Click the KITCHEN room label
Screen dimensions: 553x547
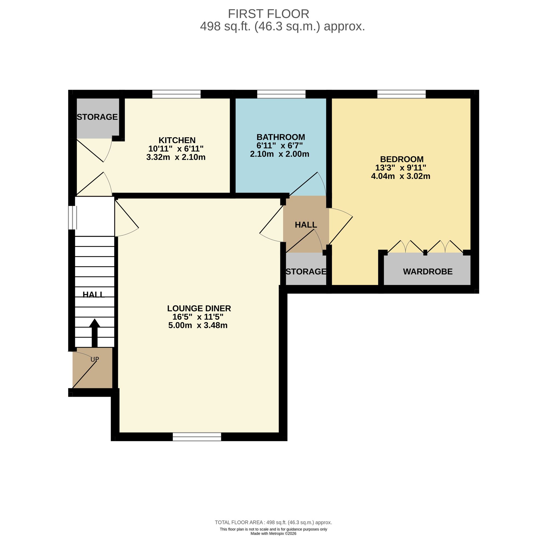177,140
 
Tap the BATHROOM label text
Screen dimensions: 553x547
280,137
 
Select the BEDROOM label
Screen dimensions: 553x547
401,159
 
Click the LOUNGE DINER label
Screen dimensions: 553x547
199,308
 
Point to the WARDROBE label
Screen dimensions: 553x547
427,272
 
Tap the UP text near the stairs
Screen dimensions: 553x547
94,359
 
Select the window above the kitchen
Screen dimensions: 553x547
176,94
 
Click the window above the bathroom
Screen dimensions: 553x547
281,94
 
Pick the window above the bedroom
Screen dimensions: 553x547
401,94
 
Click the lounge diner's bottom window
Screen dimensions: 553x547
197,436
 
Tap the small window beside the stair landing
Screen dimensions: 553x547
72,217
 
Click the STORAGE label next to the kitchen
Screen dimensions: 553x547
97,117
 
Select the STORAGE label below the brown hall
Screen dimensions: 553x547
306,272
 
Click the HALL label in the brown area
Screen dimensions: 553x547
306,225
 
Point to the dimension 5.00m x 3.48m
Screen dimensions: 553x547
197,325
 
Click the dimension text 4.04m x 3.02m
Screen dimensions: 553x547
400,176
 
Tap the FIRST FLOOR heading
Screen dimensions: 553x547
268,14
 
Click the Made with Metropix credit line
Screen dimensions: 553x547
273,534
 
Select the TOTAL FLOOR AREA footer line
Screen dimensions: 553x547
273,522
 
